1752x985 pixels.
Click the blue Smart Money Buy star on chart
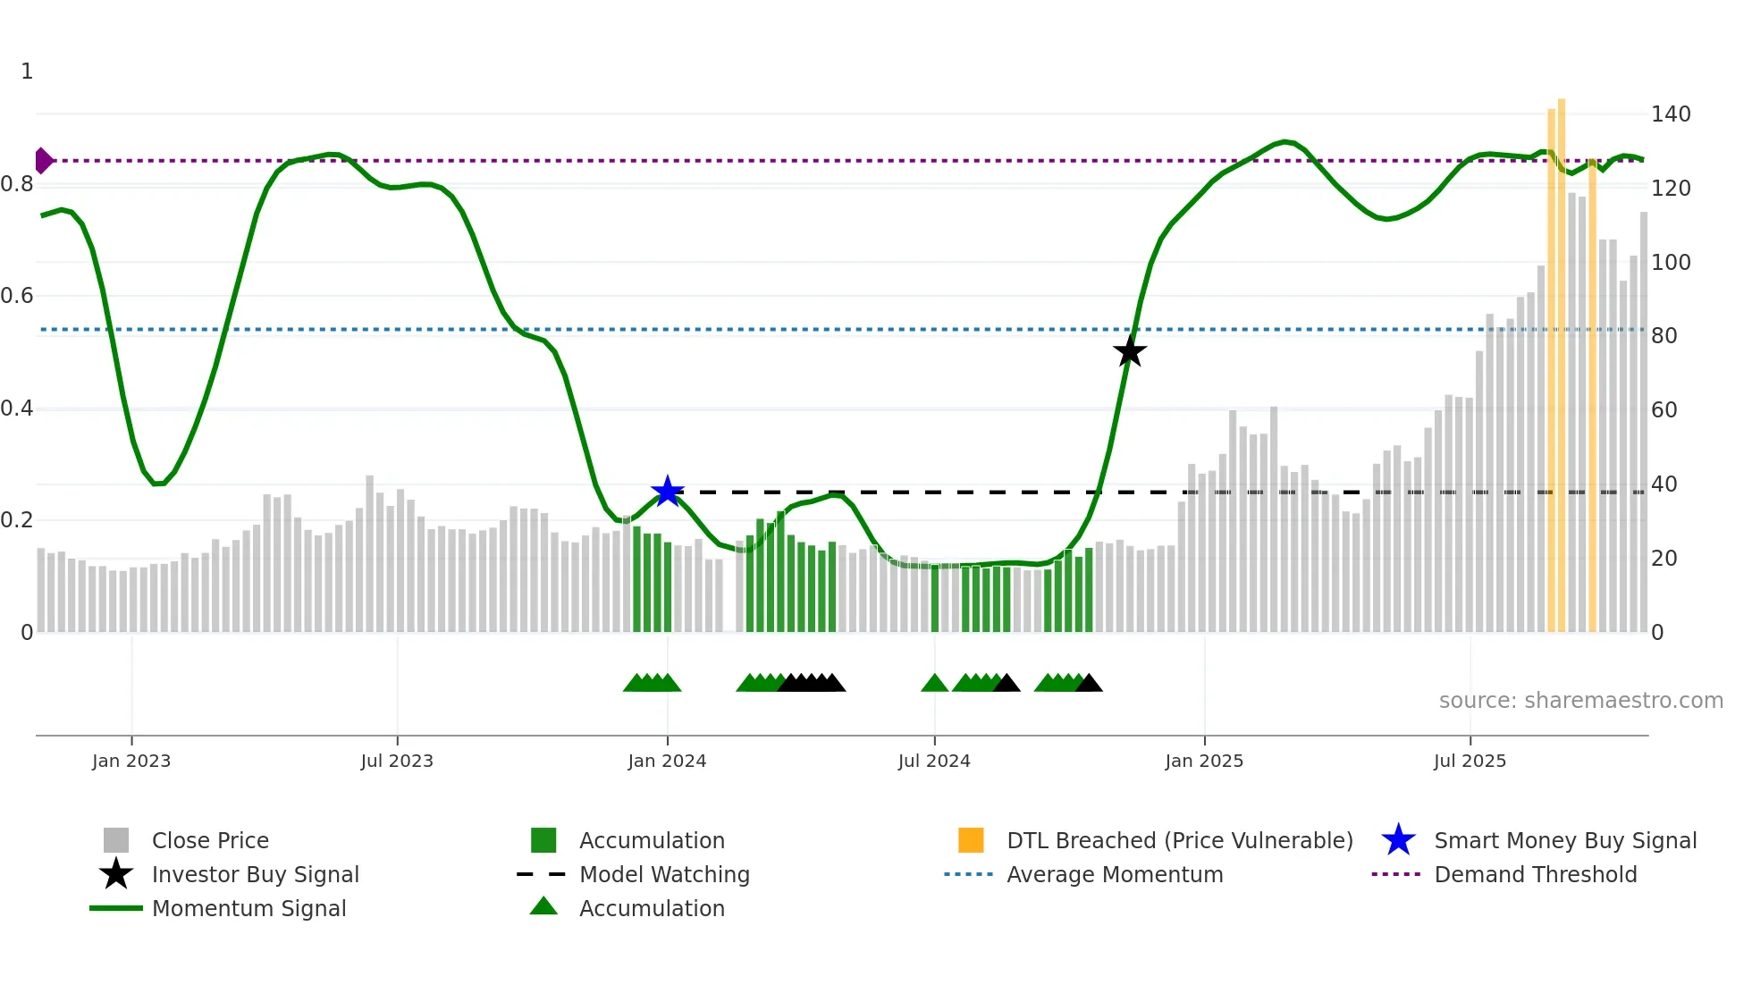[668, 492]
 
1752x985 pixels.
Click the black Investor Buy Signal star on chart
[1130, 351]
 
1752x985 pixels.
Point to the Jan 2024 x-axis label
[667, 762]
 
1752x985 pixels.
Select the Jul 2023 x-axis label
[397, 762]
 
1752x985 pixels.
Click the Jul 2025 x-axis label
[1470, 762]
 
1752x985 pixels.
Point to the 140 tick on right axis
[1671, 114]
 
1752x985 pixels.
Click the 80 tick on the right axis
[1664, 336]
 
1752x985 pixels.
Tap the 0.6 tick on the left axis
[18, 296]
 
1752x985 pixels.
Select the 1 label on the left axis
[27, 72]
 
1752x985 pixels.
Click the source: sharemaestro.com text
[1580, 701]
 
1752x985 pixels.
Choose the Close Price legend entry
[210, 841]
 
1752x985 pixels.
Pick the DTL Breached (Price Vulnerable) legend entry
[1179, 841]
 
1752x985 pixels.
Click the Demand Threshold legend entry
[1535, 875]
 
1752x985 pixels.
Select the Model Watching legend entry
[664, 875]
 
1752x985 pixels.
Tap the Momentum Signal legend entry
[248, 909]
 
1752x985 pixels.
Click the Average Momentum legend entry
[1114, 875]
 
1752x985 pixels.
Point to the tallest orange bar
[1562, 358]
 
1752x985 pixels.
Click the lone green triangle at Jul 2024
[934, 684]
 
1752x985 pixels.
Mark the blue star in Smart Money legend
[1398, 841]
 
